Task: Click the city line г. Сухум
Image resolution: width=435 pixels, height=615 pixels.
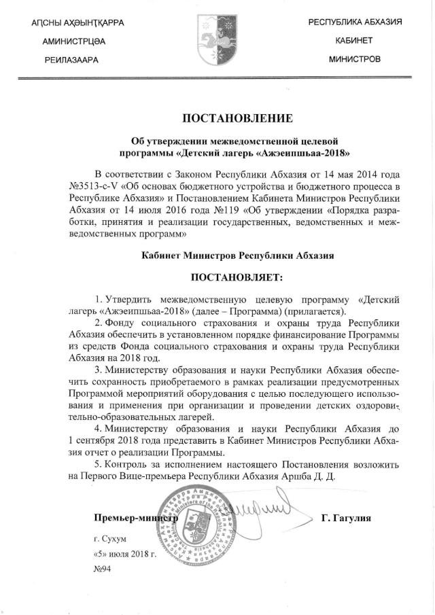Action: click(111, 540)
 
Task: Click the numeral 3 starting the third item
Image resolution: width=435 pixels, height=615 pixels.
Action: click(99, 370)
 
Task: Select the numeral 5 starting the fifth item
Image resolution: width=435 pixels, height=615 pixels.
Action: click(99, 463)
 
